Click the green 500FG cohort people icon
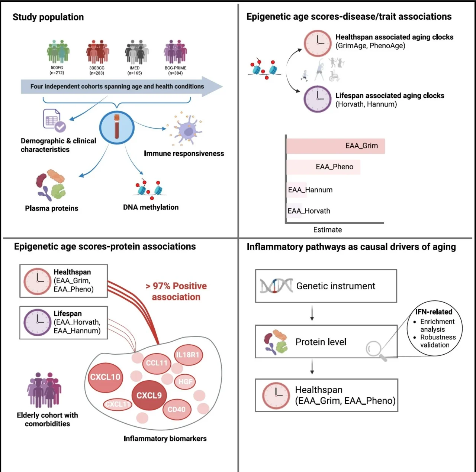pyautogui.click(x=58, y=52)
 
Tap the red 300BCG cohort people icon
pyautogui.click(x=97, y=52)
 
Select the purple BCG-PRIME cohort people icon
pyautogui.click(x=175, y=52)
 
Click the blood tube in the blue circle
pyautogui.click(x=117, y=127)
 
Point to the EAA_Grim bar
pyautogui.click(x=335, y=146)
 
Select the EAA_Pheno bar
pyautogui.click(x=323, y=167)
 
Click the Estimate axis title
pyautogui.click(x=327, y=230)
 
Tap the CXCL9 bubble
pyautogui.click(x=149, y=395)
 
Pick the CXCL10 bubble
pyautogui.click(x=105, y=377)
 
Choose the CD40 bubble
pyautogui.click(x=177, y=409)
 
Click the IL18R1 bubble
pyautogui.click(x=188, y=355)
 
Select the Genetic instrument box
pyautogui.click(x=326, y=286)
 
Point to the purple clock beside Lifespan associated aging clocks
pyautogui.click(x=317, y=99)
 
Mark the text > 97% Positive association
pyautogui.click(x=176, y=292)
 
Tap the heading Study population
pyautogui.click(x=48, y=17)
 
